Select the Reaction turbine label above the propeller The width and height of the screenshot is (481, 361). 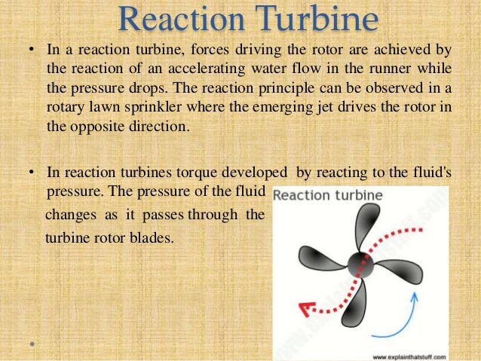click(328, 196)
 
